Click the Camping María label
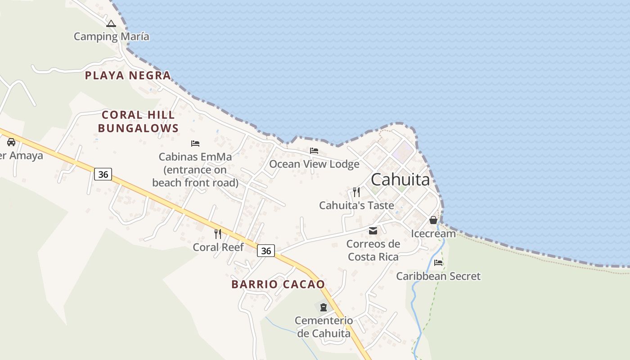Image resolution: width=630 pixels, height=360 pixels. coord(111,36)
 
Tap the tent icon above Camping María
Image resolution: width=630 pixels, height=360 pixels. coord(111,23)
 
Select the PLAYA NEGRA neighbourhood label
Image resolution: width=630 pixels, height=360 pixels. coord(128,75)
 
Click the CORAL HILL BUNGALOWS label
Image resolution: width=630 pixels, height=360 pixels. coord(138,121)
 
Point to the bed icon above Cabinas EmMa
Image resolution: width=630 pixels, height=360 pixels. coord(195,144)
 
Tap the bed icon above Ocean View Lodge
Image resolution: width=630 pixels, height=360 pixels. coord(314,150)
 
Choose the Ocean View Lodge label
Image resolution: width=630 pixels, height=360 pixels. coord(314,164)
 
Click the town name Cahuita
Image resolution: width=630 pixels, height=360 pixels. coord(400,180)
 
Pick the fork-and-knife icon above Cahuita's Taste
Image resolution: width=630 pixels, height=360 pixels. coord(356,192)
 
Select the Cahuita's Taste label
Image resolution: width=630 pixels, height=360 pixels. coord(356,206)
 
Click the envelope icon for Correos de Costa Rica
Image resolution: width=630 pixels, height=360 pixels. coord(373,231)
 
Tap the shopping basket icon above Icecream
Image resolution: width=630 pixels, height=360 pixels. coord(433,220)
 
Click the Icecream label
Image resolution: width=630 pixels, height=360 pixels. coord(433,234)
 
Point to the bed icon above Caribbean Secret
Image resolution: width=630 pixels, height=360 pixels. coord(438,263)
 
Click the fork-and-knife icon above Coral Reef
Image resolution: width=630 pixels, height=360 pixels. coord(218,234)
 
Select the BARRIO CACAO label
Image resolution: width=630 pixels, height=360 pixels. coord(278,284)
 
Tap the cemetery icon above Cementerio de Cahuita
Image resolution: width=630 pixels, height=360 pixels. coord(323,307)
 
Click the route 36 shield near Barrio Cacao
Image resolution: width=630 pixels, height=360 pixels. coord(266,251)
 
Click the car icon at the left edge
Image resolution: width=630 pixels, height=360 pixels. coord(11,142)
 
